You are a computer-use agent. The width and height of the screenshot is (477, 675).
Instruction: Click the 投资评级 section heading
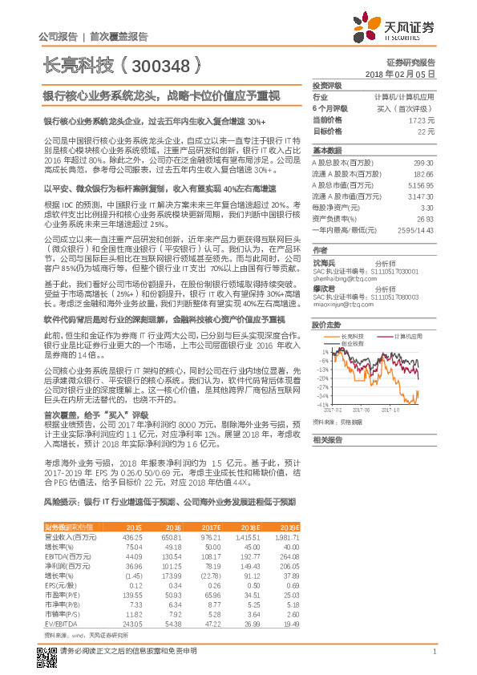(x=327, y=85)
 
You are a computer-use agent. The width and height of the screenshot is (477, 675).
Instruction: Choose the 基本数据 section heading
(x=327, y=150)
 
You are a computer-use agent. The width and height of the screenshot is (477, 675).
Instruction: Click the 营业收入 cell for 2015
(x=130, y=536)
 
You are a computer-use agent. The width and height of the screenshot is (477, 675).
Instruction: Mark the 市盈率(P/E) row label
(x=61, y=594)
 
